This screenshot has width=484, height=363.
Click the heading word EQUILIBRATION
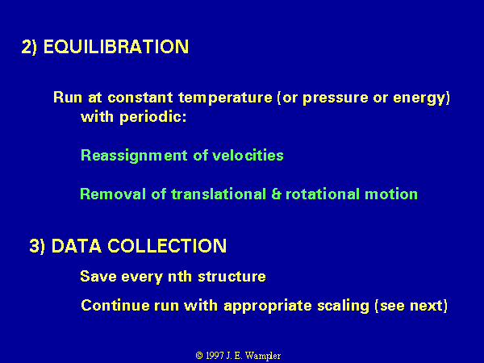(116, 47)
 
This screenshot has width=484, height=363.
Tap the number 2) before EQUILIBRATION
(29, 48)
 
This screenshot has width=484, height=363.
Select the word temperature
(225, 98)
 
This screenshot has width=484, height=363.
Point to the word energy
(419, 98)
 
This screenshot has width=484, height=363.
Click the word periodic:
(153, 118)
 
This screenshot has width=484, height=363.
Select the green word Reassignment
(134, 156)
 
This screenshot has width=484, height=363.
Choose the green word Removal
(113, 194)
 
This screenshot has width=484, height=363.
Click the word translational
(219, 194)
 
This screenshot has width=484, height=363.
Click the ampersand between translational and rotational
(276, 194)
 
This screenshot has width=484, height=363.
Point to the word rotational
(323, 194)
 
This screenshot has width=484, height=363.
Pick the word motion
(391, 194)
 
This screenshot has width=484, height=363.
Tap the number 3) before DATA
(37, 246)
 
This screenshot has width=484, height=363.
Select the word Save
(98, 276)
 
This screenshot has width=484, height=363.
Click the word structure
(232, 276)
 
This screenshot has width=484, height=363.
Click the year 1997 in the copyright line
(215, 356)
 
